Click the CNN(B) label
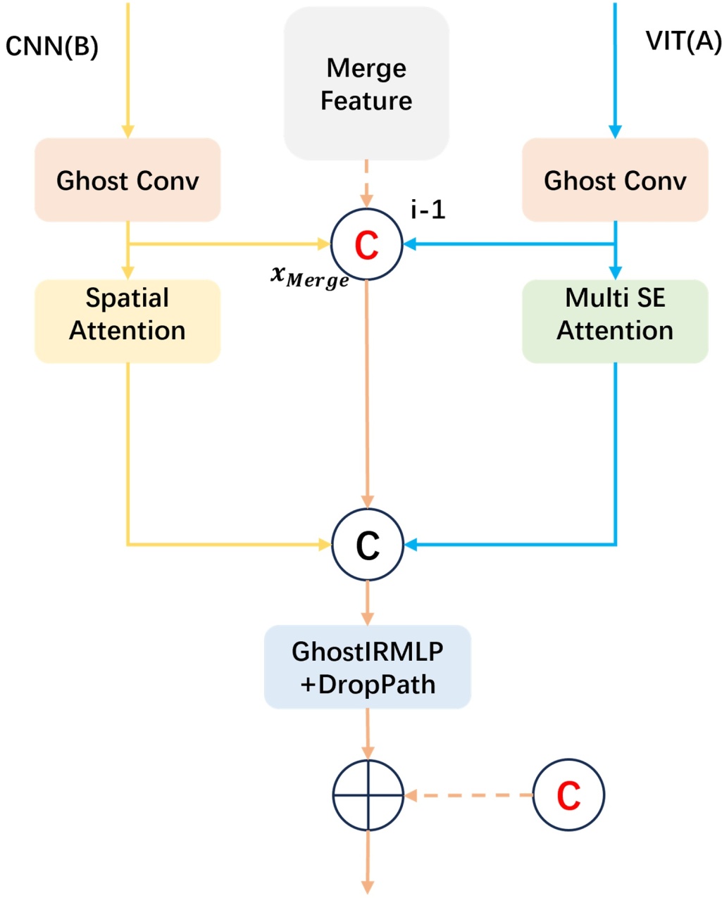click(x=51, y=47)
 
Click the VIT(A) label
click(x=683, y=42)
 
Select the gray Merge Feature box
click(x=366, y=84)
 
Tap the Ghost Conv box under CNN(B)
click(x=127, y=180)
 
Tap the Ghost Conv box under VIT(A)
click(x=615, y=180)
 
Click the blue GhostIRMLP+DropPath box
click(x=367, y=666)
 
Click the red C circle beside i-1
click(x=367, y=244)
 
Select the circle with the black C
click(x=367, y=544)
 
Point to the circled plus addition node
click(x=368, y=795)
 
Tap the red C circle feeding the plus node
click(x=568, y=795)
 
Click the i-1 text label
click(x=428, y=209)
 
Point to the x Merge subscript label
click(x=310, y=277)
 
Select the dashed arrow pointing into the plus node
click(x=468, y=795)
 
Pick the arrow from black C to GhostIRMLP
click(x=367, y=602)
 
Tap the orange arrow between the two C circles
click(x=367, y=394)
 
